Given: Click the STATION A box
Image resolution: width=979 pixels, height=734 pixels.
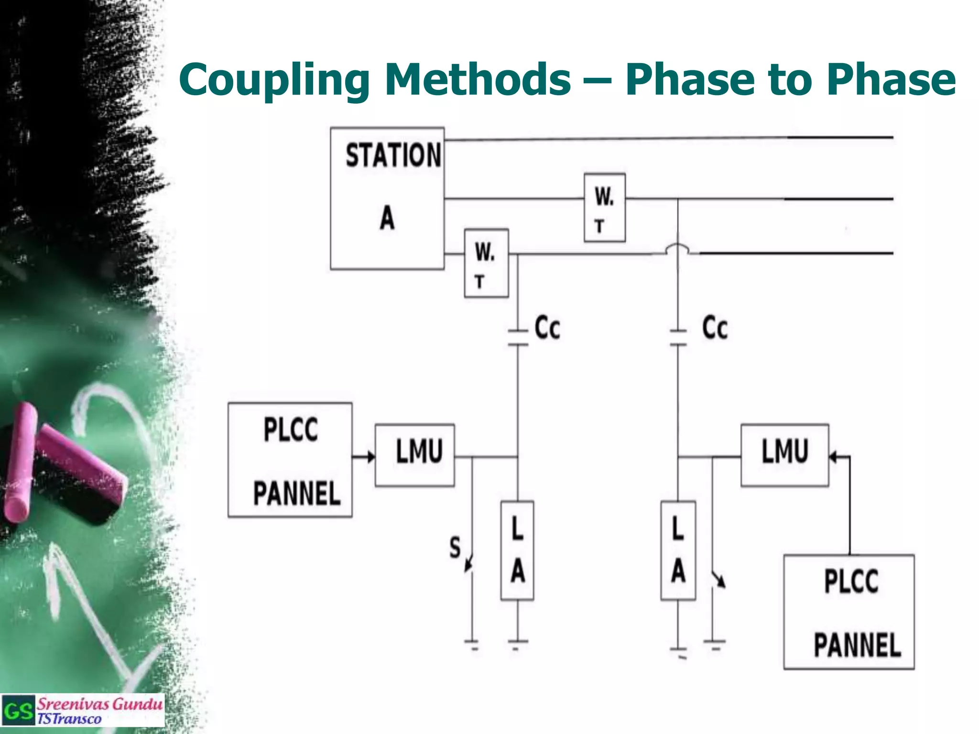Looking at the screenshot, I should [x=387, y=198].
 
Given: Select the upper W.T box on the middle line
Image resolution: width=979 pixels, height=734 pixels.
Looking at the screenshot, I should [x=605, y=208].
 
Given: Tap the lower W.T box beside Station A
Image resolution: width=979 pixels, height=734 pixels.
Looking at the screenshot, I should [x=486, y=263].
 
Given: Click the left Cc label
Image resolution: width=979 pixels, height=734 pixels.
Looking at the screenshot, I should [x=547, y=328].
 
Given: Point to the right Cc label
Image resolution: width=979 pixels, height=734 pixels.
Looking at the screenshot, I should [x=715, y=328].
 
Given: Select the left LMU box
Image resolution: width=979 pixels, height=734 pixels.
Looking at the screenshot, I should [x=415, y=455].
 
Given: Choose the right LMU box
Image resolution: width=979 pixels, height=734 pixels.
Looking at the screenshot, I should [x=784, y=455].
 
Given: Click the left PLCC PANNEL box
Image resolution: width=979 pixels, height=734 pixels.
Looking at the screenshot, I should [x=290, y=460].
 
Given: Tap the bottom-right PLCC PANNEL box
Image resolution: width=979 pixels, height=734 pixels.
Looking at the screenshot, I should [x=849, y=612].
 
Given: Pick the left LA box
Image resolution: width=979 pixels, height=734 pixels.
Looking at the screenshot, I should [x=517, y=550].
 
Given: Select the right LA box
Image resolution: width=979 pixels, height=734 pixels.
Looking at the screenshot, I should [x=678, y=550].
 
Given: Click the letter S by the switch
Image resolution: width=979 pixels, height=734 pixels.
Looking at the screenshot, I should [x=455, y=548].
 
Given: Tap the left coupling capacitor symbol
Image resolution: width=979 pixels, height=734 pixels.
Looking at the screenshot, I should [x=518, y=337].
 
